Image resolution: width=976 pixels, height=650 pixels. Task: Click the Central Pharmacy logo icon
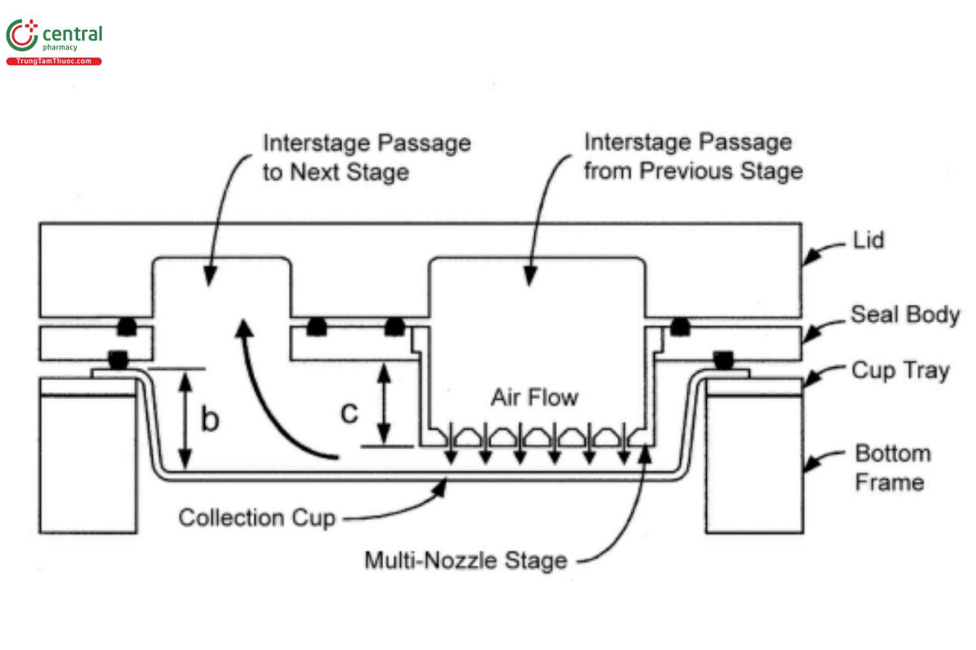pos(22,37)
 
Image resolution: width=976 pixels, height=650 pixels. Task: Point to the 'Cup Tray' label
pos(900,370)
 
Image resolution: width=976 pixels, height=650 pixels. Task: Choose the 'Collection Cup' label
pos(256,518)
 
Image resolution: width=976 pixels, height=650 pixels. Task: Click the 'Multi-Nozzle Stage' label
pos(465,560)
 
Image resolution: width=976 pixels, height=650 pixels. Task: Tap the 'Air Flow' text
pos(534,397)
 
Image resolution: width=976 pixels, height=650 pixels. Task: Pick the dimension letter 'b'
pos(210,420)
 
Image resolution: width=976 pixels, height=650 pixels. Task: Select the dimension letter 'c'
pos(349,412)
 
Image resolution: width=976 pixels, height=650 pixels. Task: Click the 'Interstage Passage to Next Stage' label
pos(366,157)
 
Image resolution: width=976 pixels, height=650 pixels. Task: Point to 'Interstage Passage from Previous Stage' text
pos(694,157)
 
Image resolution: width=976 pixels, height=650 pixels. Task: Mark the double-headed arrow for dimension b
pos(186,419)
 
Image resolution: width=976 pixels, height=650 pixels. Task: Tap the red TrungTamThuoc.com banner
pos(54,62)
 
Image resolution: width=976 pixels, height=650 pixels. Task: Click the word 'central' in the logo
pos(72,33)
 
